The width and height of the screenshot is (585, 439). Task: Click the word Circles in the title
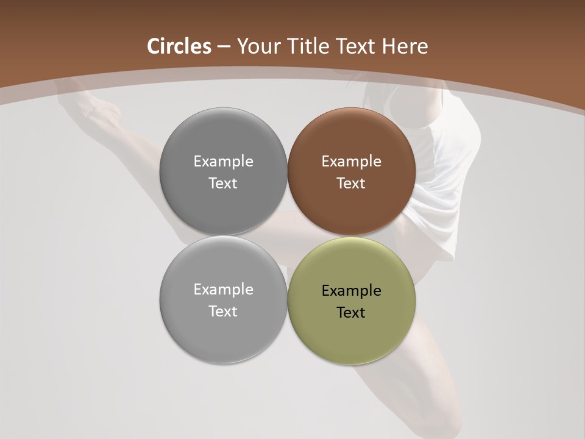pyautogui.click(x=179, y=46)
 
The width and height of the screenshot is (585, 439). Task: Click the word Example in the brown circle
pyautogui.click(x=351, y=162)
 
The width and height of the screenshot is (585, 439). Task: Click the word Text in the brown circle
pyautogui.click(x=351, y=184)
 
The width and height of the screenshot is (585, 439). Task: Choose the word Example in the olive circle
pyautogui.click(x=351, y=291)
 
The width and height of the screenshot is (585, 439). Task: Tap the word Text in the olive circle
pyautogui.click(x=351, y=313)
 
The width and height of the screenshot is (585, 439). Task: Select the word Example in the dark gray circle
pyautogui.click(x=223, y=162)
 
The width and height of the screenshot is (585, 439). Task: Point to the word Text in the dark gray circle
pyautogui.click(x=223, y=184)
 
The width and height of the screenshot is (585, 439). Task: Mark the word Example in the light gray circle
pyautogui.click(x=223, y=290)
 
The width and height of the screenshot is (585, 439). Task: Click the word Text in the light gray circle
pyautogui.click(x=223, y=312)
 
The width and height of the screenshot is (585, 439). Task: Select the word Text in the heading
pyautogui.click(x=358, y=46)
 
